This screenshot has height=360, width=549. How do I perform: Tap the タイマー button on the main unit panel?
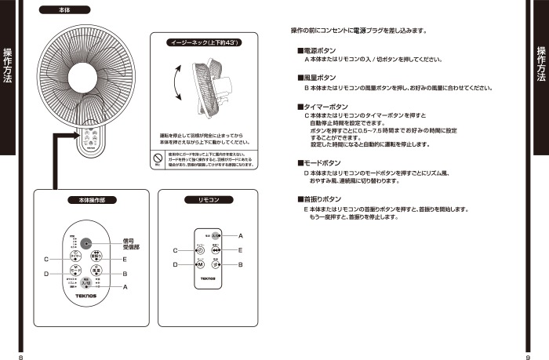76,256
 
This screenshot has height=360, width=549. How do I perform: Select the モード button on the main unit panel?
76,271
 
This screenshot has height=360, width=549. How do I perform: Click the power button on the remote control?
215,236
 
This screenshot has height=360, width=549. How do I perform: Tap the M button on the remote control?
189,265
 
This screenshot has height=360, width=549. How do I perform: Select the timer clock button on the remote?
189,250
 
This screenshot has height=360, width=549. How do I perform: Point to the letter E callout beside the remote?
240,250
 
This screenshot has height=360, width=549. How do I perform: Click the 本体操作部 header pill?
93,201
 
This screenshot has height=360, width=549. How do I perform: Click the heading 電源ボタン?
319,50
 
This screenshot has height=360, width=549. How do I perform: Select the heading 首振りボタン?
321,199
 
